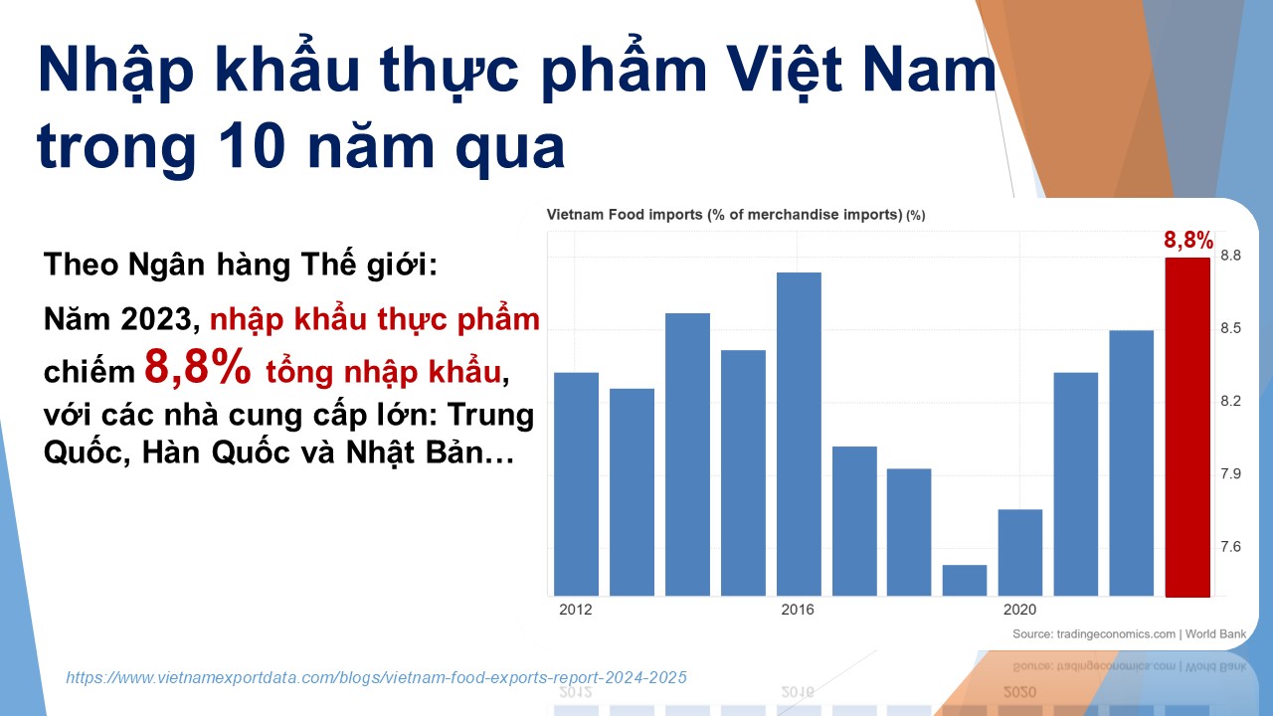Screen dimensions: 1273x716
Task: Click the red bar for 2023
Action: [1187, 427]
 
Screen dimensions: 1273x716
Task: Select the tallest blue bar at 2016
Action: [799, 435]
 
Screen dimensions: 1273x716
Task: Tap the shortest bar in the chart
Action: [965, 580]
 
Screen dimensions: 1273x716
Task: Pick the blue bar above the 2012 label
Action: [576, 484]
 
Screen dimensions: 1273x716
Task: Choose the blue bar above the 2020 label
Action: [1020, 552]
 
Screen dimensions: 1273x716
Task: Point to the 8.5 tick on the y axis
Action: [1231, 328]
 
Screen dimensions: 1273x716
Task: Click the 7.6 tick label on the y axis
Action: [1231, 547]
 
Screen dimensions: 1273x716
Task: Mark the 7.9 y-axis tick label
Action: [1231, 474]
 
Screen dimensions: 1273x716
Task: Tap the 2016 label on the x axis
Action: [798, 610]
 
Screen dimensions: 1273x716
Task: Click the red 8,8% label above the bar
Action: [1188, 240]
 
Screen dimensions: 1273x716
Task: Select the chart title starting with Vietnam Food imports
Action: [736, 215]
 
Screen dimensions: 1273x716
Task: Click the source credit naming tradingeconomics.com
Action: [1129, 634]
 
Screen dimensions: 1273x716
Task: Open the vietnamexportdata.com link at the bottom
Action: [376, 677]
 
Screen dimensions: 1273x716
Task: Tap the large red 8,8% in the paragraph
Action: [197, 367]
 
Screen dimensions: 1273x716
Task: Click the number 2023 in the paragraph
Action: [157, 319]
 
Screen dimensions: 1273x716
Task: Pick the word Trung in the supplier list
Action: [490, 415]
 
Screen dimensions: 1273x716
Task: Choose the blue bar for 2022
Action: [1132, 463]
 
